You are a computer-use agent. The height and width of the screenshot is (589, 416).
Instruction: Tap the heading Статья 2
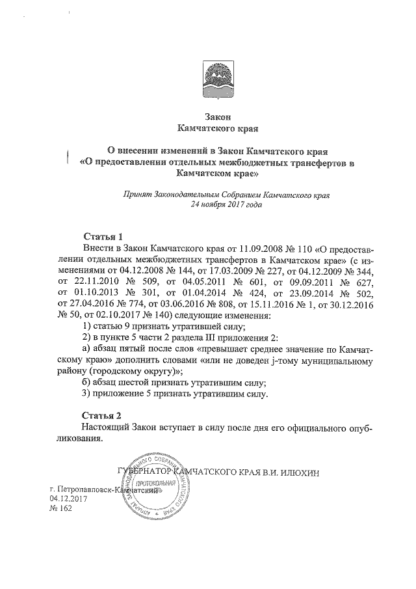point(103,415)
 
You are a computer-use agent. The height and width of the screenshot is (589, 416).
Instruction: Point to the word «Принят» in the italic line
point(136,194)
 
